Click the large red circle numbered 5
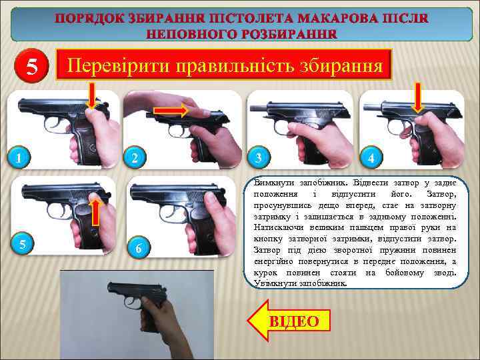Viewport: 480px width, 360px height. (x=31, y=66)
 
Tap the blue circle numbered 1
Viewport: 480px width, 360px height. (x=19, y=157)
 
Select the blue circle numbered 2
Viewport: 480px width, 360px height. (x=135, y=157)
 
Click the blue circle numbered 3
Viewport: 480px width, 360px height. (x=259, y=157)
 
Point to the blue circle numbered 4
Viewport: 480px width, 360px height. (x=371, y=157)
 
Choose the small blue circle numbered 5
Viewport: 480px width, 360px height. (x=23, y=244)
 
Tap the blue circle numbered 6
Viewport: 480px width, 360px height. (x=139, y=247)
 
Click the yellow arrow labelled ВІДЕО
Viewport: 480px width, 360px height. (x=289, y=320)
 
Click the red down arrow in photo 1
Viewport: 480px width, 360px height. (x=92, y=95)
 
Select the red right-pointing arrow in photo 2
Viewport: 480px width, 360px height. (x=171, y=111)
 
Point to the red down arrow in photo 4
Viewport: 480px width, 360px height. (x=417, y=98)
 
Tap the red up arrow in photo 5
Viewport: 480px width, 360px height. (x=96, y=211)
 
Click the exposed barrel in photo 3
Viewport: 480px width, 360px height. (x=259, y=107)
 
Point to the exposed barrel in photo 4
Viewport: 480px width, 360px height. (x=372, y=107)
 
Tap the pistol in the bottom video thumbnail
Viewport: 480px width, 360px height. (x=136, y=295)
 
